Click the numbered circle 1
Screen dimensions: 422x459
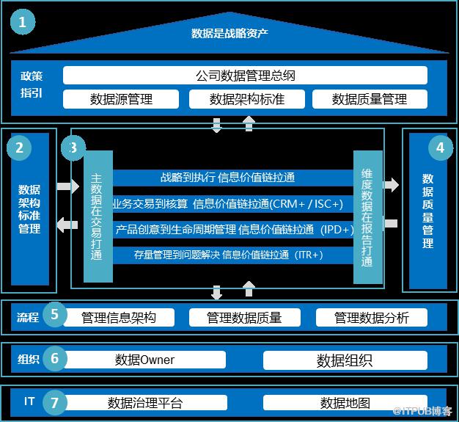click(x=26, y=22)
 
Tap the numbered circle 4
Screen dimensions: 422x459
click(x=440, y=148)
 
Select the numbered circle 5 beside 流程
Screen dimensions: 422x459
click(x=54, y=316)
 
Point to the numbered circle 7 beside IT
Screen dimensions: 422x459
click(x=54, y=402)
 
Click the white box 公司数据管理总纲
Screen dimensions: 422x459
click(x=245, y=76)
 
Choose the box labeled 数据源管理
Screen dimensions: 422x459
click(x=121, y=98)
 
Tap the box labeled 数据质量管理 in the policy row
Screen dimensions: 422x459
click(x=370, y=98)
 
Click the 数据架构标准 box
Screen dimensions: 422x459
click(x=245, y=98)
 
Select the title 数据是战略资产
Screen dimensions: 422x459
click(x=229, y=33)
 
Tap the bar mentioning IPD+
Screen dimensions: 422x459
click(x=233, y=230)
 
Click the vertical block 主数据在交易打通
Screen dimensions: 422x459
click(x=98, y=217)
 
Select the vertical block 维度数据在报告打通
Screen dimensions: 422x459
click(x=367, y=217)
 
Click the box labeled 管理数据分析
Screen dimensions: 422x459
click(x=371, y=317)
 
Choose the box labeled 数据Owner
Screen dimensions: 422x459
click(x=145, y=360)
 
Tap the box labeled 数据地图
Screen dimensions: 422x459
click(x=345, y=403)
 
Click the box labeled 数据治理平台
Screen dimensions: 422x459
click(x=145, y=403)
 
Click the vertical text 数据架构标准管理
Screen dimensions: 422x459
click(x=29, y=209)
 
